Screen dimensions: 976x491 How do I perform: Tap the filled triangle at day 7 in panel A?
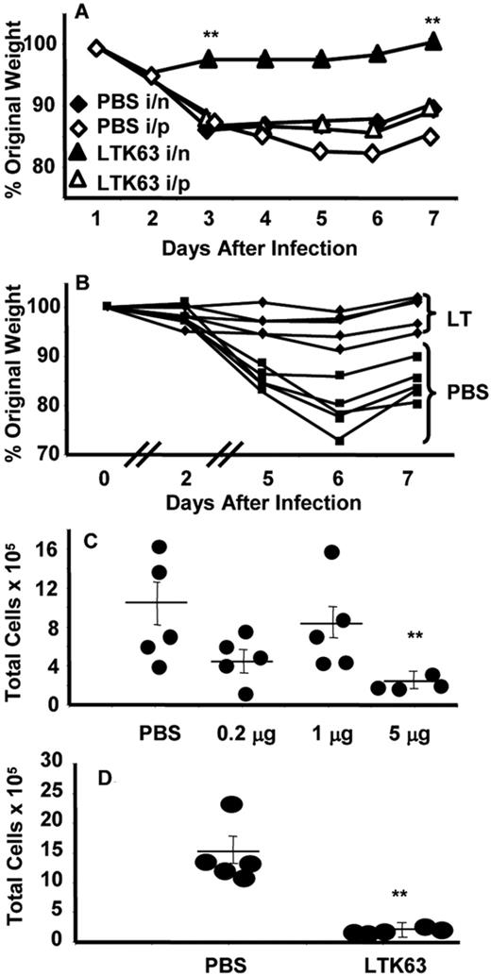432,41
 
